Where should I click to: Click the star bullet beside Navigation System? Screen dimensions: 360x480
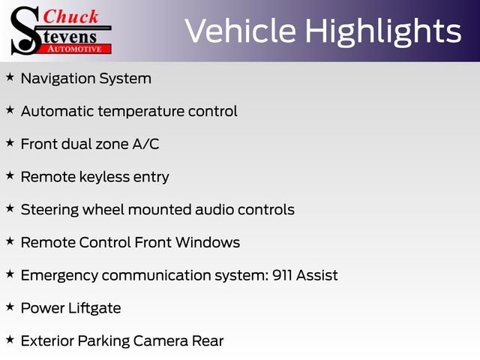tap(10, 77)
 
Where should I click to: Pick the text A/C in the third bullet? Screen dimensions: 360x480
tap(145, 144)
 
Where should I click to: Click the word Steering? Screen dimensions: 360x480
tap(50, 209)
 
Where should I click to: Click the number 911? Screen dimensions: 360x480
tap(280, 275)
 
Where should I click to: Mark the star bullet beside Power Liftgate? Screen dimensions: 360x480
tap(10, 307)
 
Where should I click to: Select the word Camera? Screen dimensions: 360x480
tap(160, 340)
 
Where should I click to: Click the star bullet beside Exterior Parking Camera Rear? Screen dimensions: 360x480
tap(10, 340)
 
